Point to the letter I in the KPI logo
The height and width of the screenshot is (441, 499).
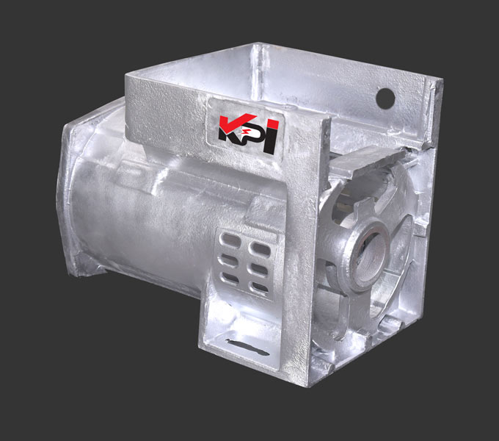coord(270,136)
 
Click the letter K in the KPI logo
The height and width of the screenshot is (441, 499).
coord(232,129)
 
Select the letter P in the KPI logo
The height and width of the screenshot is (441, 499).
coord(252,135)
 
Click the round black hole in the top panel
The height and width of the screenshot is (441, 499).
coord(385,98)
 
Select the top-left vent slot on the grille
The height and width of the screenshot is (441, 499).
coord(230,239)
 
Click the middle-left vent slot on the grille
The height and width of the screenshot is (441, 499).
coord(229,259)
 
